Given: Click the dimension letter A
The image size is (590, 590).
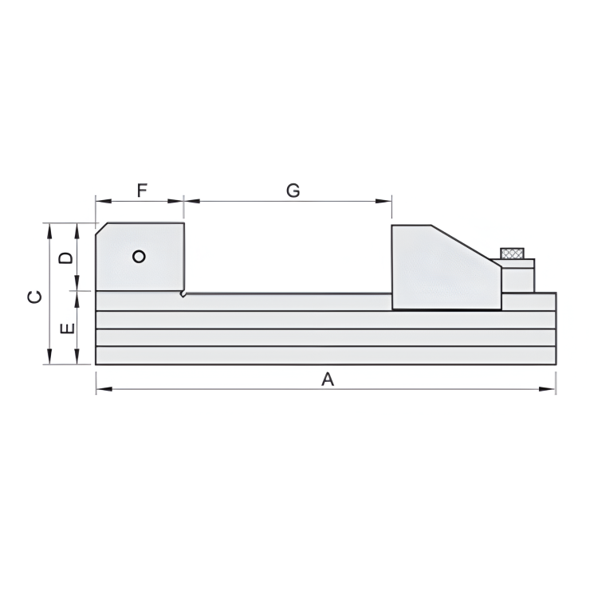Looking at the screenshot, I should click(327, 380).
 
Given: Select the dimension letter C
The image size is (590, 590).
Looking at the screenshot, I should click(34, 297).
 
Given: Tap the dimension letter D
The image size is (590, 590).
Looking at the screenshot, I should click(67, 258).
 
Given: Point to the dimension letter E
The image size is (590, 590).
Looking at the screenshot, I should click(67, 328).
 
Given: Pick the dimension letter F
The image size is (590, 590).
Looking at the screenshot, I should click(142, 191).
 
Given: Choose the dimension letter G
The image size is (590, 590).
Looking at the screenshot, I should click(293, 191).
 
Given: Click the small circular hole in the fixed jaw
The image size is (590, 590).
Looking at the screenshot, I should click(140, 256).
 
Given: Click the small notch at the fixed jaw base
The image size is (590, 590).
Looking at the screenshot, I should click(183, 294).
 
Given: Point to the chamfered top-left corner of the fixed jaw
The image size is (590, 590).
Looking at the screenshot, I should click(101, 228).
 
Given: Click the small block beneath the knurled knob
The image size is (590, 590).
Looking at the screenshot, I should click(518, 276).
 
